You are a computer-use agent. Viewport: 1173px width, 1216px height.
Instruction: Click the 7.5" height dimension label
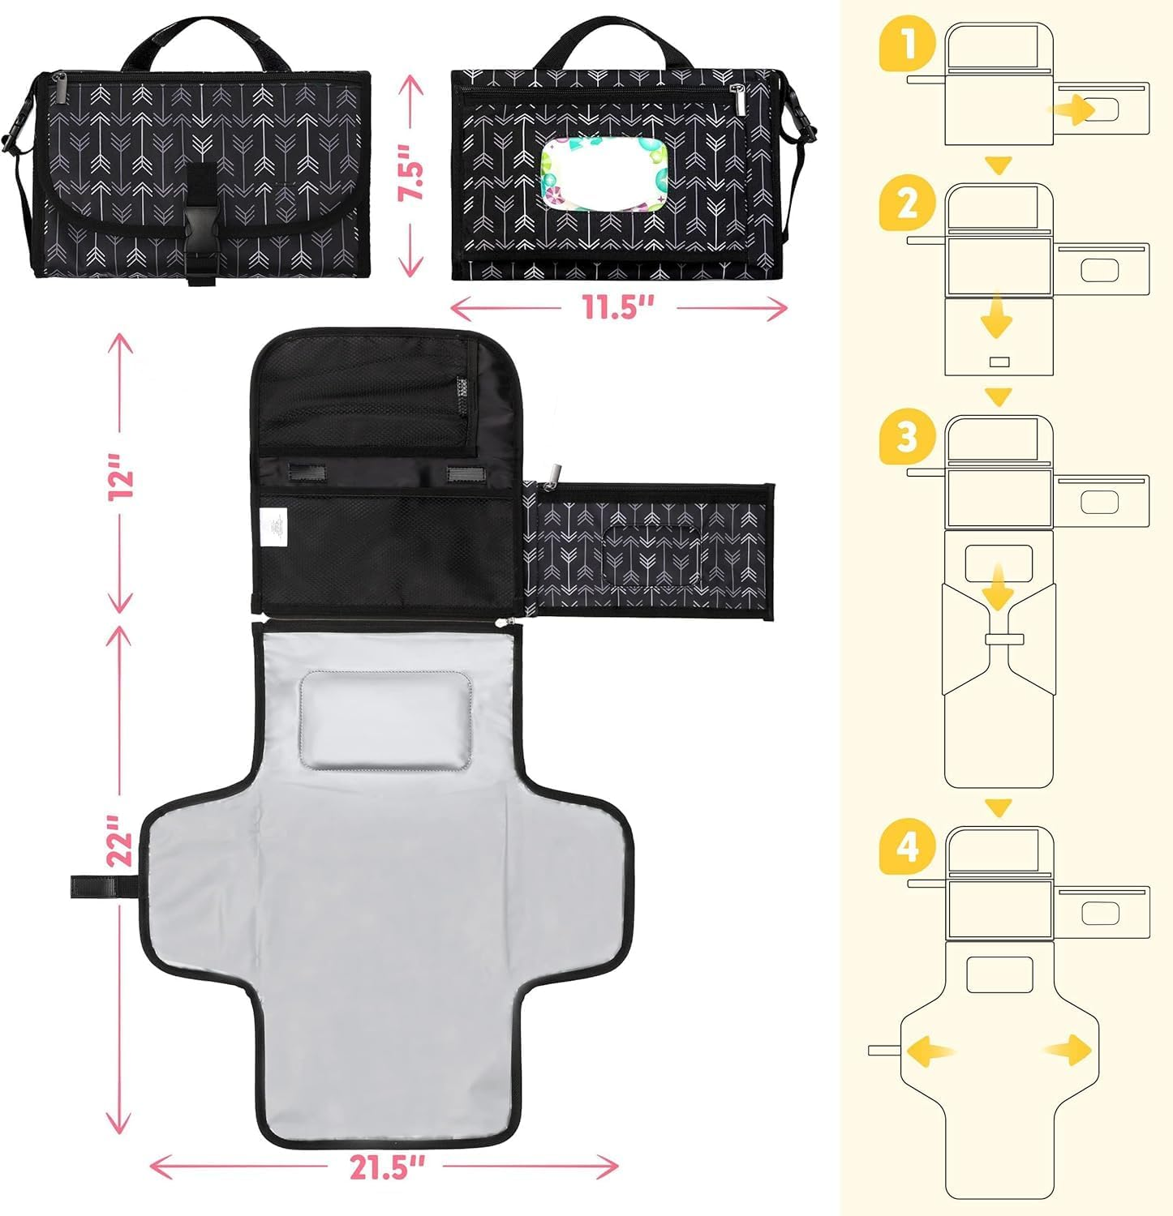pos(414,173)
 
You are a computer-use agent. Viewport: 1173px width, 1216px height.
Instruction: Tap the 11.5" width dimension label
pos(617,308)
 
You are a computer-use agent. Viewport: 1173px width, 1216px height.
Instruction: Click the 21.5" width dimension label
pos(387,1167)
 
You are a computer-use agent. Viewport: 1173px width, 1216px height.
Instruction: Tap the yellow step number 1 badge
pos(907,45)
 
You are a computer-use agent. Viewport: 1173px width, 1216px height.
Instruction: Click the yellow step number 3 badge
pos(907,438)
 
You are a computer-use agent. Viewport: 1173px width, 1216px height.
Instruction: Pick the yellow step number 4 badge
pos(907,848)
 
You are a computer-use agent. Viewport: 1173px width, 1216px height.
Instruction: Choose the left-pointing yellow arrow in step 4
pos(929,1051)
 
